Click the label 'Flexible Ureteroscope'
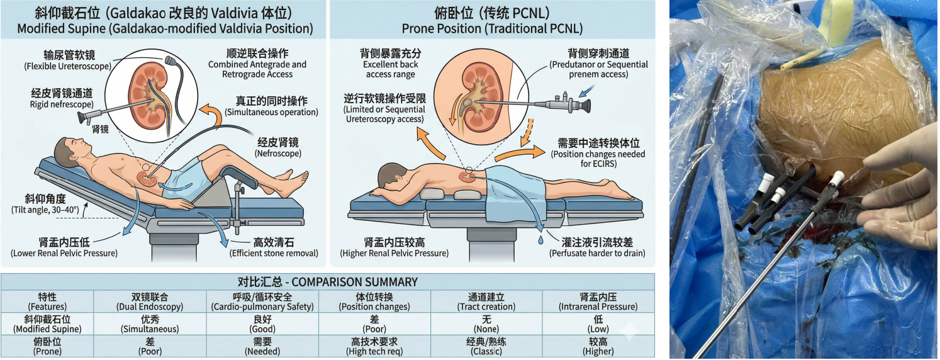[67, 66]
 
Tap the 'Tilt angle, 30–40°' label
[45, 210]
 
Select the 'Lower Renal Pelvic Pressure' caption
[64, 253]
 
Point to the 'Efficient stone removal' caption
[274, 253]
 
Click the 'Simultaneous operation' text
[272, 112]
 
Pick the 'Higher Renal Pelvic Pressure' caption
[394, 253]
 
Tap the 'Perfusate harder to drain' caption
[597, 253]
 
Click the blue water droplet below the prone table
[540, 240]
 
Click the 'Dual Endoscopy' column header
[150, 307]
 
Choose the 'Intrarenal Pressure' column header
[598, 307]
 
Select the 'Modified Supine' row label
[47, 329]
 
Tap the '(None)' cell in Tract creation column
[486, 329]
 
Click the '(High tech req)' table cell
[374, 351]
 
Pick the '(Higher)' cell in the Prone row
[598, 351]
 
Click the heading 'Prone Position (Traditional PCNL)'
[492, 28]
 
